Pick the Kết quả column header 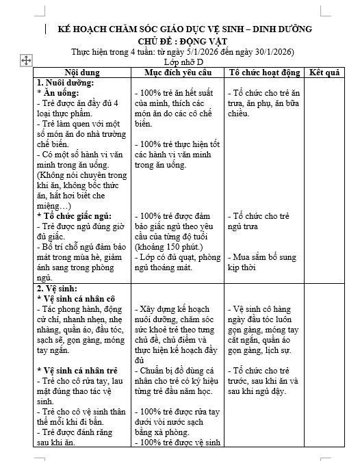click(325, 72)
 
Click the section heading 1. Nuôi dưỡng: click(66, 82)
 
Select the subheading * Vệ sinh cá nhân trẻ click(81, 370)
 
